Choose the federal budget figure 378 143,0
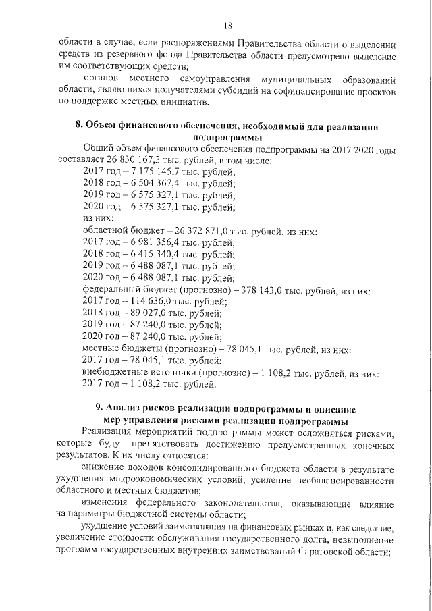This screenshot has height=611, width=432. [x=266, y=290]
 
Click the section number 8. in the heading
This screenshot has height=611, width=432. [x=78, y=126]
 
